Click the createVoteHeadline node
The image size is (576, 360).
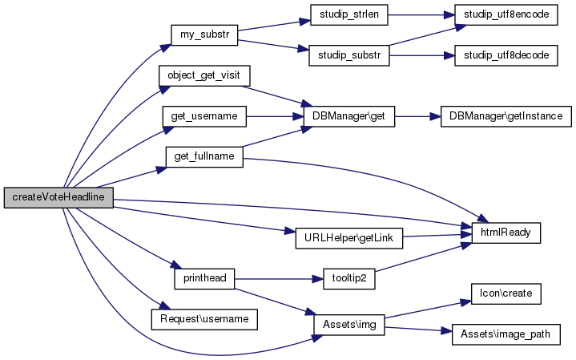point(58,196)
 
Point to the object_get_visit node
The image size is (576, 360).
point(204,76)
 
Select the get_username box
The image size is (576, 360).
point(204,116)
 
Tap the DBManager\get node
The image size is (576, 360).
point(350,116)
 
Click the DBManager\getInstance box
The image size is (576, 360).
point(506,116)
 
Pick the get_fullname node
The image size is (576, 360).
point(203,156)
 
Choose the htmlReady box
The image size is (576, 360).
point(506,233)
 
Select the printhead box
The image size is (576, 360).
point(203,278)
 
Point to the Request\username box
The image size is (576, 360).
point(204,318)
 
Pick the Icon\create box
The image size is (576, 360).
point(506,293)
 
